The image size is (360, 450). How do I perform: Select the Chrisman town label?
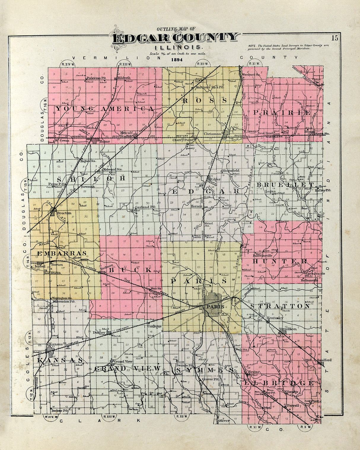click(212, 134)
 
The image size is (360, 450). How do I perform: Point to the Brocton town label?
click(64, 213)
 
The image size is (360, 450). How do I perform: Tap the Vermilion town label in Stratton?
click(288, 329)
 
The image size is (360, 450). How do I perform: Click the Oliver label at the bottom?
click(224, 420)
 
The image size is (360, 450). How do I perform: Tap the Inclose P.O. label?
click(60, 411)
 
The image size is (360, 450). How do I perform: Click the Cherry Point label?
click(183, 140)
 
